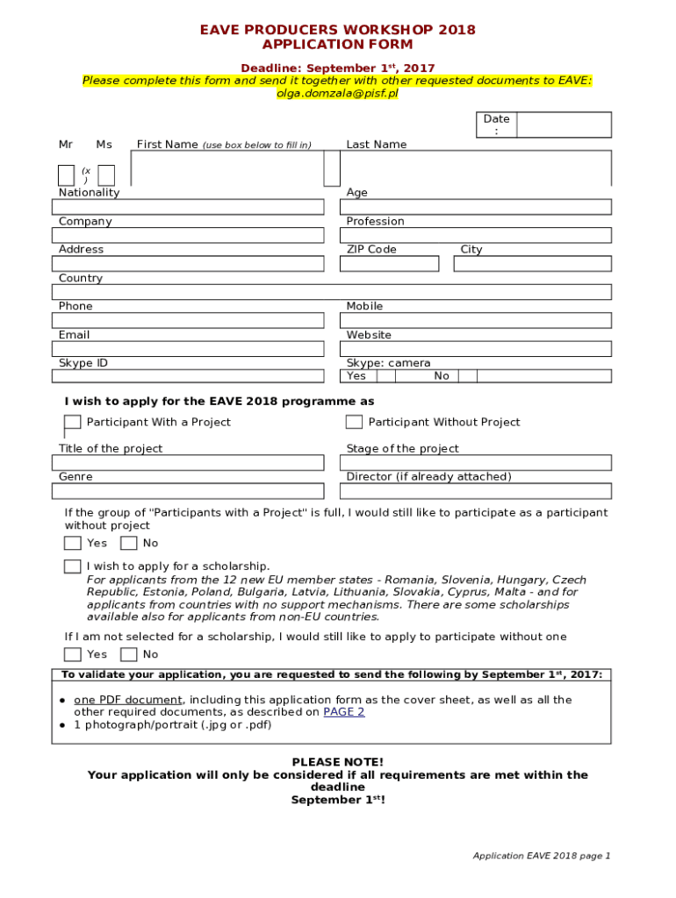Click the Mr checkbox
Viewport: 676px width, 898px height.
[66, 175]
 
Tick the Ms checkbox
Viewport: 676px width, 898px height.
[106, 175]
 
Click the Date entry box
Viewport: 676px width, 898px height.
[564, 125]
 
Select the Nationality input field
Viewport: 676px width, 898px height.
[188, 207]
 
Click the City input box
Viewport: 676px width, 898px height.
[532, 264]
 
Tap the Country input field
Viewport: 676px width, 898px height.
[332, 292]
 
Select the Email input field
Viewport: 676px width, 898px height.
[188, 349]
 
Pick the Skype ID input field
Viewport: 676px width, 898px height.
[188, 376]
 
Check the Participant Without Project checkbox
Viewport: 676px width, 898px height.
[354, 422]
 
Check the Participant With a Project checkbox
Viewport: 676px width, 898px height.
[72, 423]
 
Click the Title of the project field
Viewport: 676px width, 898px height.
[188, 463]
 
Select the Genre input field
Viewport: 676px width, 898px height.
[188, 491]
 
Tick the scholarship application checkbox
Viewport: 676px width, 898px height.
[72, 567]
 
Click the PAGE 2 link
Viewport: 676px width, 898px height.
[343, 712]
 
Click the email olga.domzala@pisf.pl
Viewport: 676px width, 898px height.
[337, 93]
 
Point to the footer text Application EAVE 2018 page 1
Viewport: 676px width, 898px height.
[541, 856]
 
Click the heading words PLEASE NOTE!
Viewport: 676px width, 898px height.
[337, 762]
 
